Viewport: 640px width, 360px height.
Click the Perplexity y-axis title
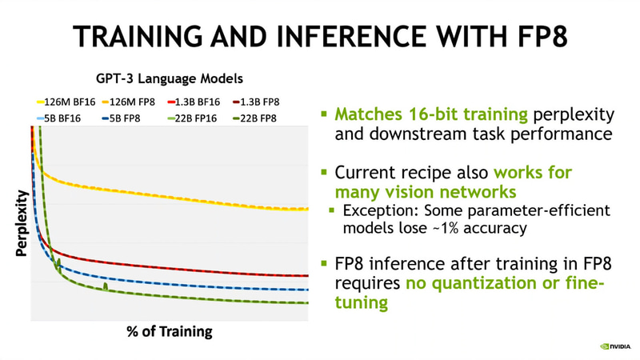(x=22, y=223)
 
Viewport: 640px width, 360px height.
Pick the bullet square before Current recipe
(x=324, y=173)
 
